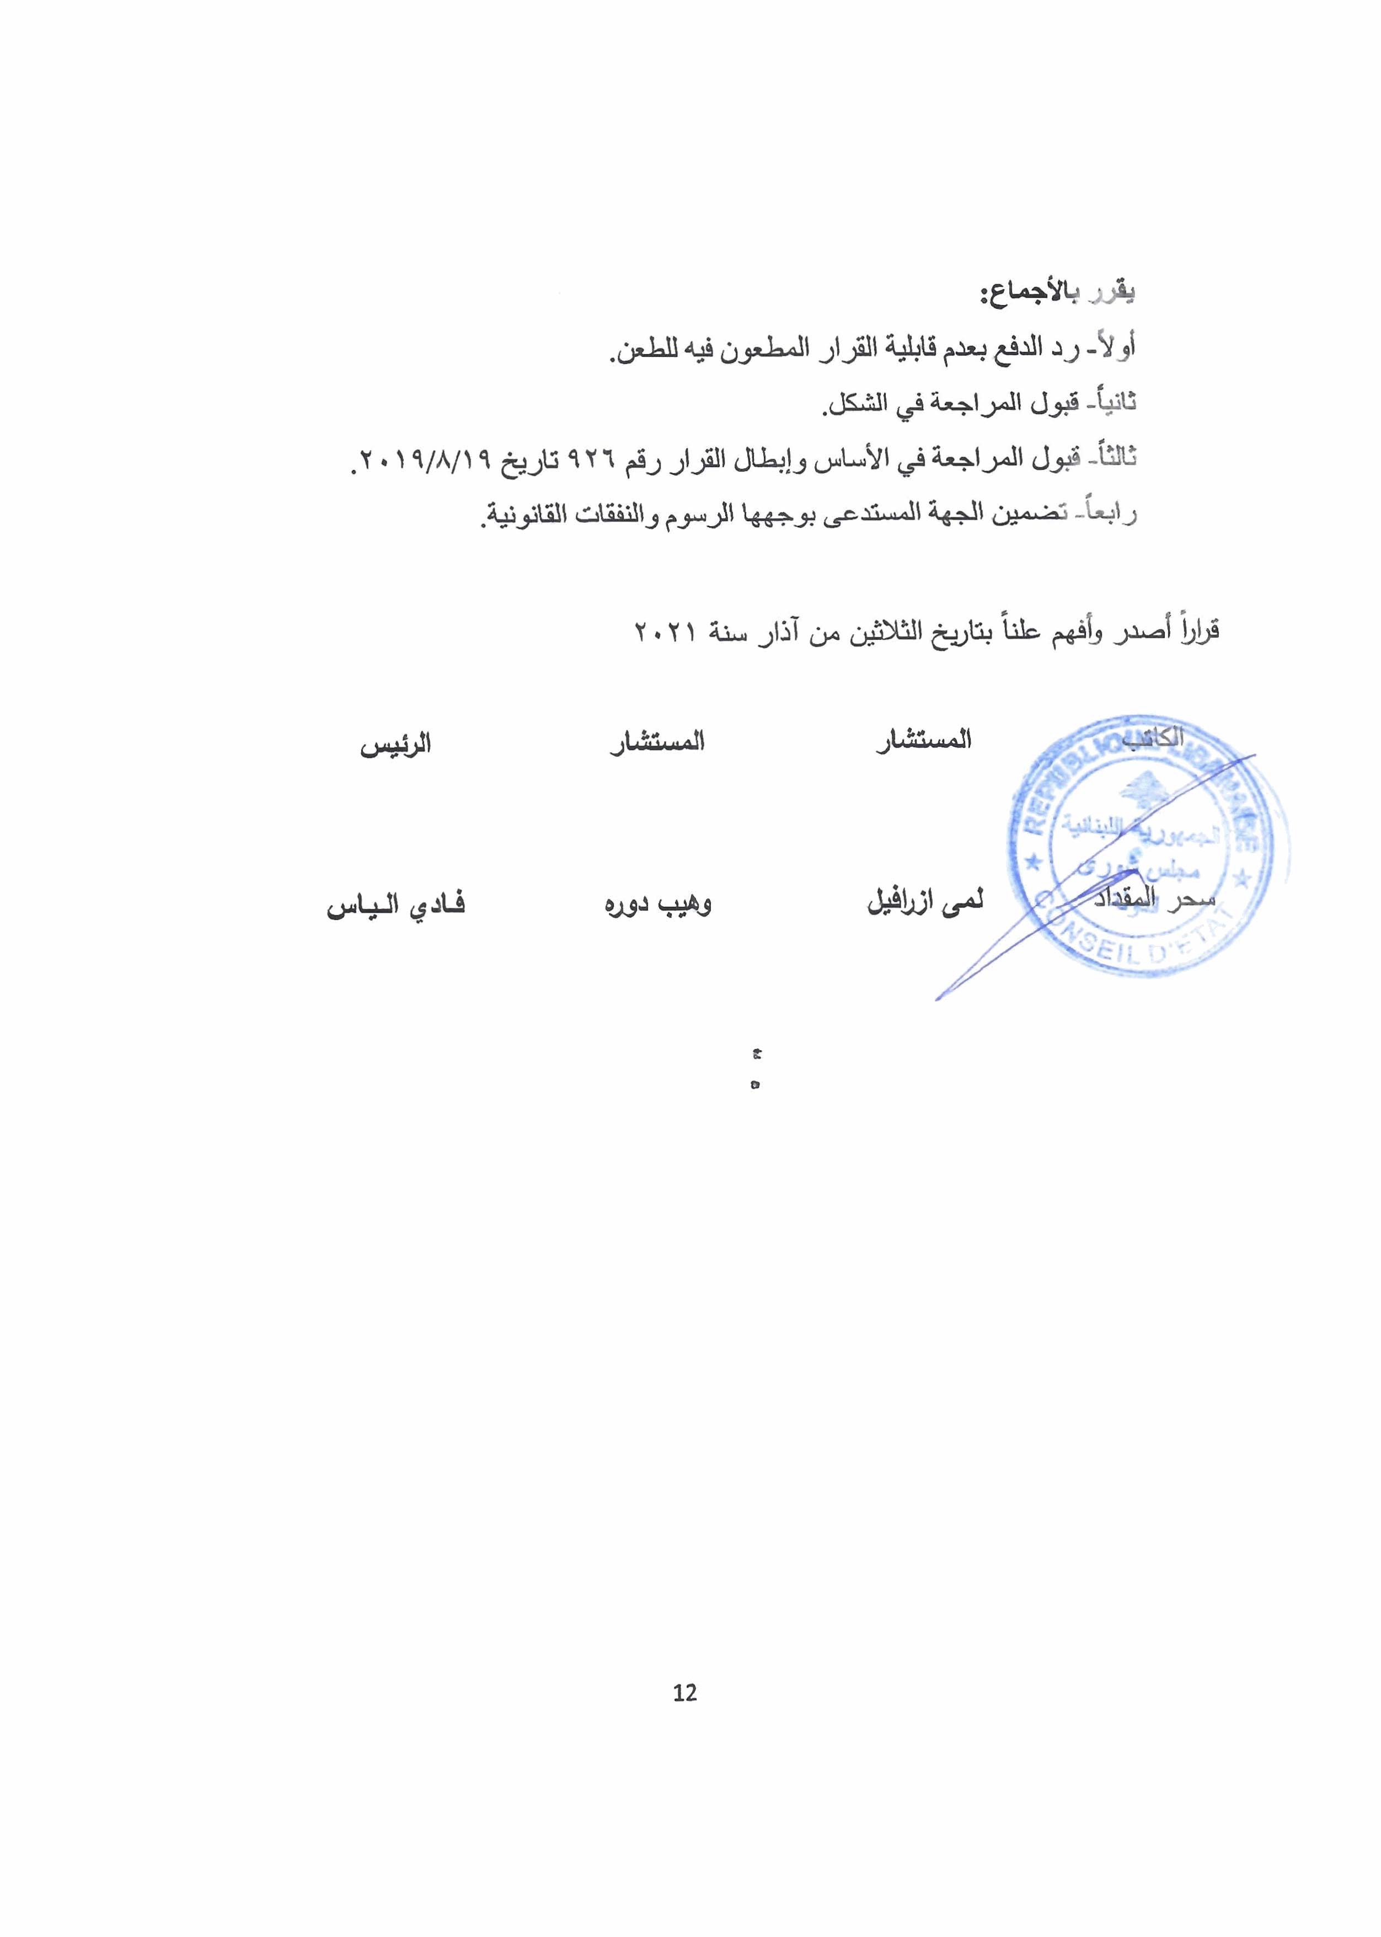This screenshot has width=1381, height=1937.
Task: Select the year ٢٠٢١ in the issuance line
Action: click(666, 633)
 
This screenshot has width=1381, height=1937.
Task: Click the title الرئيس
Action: click(395, 745)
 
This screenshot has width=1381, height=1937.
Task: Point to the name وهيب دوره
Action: click(657, 903)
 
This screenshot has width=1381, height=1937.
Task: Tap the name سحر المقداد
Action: click(1154, 899)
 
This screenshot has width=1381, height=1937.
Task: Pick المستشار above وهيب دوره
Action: click(657, 743)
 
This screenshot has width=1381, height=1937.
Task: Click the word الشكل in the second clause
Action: click(857, 403)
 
